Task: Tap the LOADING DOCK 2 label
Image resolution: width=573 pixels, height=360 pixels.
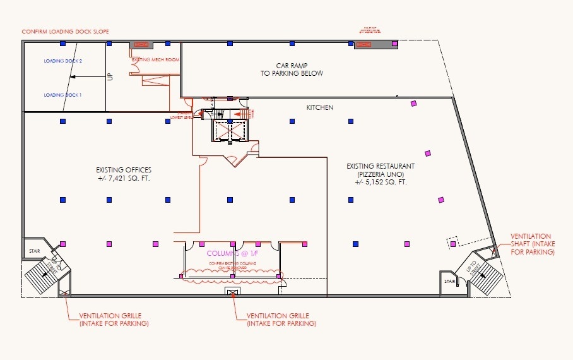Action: (63, 61)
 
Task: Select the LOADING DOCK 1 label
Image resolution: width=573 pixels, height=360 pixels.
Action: (63, 95)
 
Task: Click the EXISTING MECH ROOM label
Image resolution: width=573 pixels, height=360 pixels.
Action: (155, 59)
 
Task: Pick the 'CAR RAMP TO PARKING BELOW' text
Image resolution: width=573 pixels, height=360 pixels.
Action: (292, 69)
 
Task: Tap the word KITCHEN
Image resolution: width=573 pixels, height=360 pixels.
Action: (320, 108)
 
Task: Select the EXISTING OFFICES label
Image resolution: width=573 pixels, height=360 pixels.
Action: (124, 170)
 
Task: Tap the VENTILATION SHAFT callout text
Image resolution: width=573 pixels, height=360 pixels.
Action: (533, 244)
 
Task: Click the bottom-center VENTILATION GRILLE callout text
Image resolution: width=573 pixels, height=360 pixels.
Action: (281, 320)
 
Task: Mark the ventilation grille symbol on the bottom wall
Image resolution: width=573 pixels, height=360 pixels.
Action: (233, 292)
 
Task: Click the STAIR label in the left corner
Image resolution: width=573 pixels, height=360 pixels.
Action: (34, 251)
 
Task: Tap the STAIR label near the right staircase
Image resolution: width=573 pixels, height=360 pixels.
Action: (449, 282)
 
